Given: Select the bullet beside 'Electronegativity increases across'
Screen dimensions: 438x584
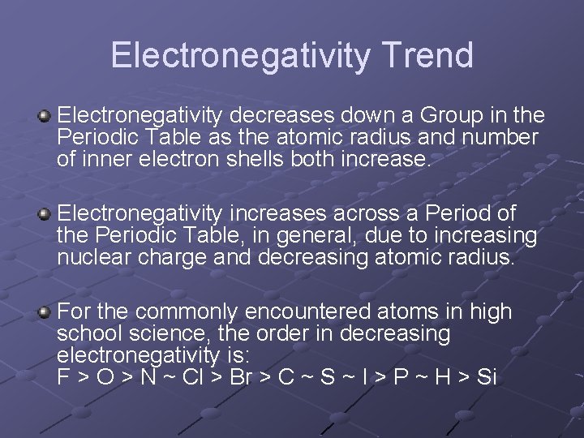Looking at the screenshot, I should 45,215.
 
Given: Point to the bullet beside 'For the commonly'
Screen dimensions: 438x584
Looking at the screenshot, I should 45,312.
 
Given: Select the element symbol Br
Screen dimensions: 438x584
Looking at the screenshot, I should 242,377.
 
